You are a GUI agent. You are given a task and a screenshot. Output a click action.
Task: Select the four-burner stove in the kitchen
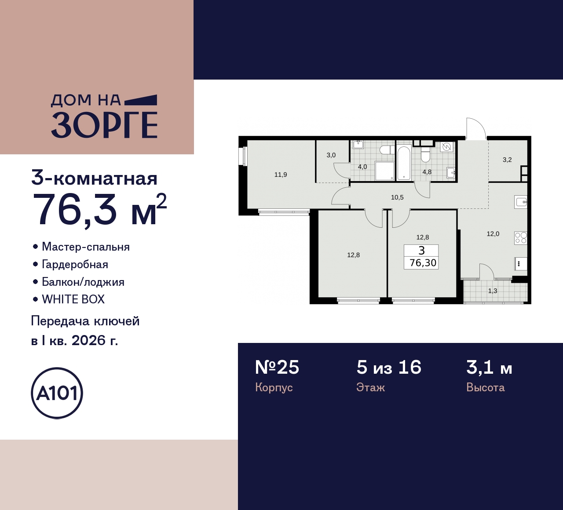click(x=521, y=238)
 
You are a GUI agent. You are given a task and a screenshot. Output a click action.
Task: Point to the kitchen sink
click(x=521, y=202)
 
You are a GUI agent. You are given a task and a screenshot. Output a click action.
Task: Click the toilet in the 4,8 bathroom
click(x=425, y=155)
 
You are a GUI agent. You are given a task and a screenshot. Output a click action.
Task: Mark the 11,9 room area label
click(x=281, y=175)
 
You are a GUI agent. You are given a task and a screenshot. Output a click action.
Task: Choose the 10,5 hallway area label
click(x=397, y=197)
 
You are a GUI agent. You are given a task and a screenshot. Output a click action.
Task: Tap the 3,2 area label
click(x=507, y=160)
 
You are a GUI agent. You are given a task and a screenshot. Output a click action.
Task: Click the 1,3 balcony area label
click(x=493, y=291)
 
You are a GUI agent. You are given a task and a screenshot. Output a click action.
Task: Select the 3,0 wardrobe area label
click(x=331, y=155)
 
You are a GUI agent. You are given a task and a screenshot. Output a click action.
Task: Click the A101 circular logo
click(x=57, y=393)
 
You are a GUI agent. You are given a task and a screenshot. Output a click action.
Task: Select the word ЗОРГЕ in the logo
click(x=104, y=125)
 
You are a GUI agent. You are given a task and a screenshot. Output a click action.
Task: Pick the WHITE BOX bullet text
click(x=73, y=299)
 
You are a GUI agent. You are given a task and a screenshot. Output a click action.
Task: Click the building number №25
click(x=277, y=367)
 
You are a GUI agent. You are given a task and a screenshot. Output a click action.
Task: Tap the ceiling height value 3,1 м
click(x=489, y=367)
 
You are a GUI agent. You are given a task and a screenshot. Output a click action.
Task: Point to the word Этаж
click(x=370, y=387)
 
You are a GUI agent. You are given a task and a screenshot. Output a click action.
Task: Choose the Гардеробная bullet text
click(x=75, y=264)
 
